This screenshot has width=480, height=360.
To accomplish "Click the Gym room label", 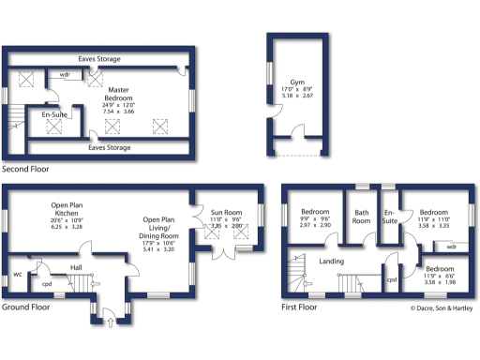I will click(297, 82).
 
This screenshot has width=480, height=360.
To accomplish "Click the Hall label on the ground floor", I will click(77, 266).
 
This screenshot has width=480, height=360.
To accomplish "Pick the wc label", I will click(18, 275).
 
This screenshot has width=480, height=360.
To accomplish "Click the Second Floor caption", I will click(25, 170).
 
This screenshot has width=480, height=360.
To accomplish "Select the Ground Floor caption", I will click(26, 307).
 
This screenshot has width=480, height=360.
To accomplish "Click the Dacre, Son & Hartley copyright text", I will click(441, 307).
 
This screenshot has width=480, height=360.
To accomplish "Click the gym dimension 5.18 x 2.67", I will click(297, 96).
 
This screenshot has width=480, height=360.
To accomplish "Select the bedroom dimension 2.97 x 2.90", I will click(315, 226).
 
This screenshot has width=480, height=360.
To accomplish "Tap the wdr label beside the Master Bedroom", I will click(64, 73).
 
